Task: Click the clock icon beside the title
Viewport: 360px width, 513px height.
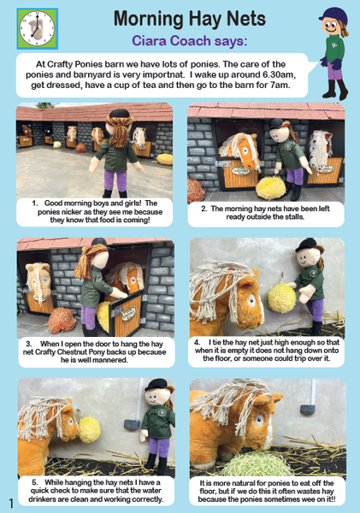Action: tap(38, 28)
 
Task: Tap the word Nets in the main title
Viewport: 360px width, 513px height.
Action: tap(245, 18)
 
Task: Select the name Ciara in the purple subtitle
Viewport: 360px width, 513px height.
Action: tap(150, 41)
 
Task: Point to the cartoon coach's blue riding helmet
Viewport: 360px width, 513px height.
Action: tap(333, 15)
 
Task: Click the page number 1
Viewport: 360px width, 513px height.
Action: tap(11, 504)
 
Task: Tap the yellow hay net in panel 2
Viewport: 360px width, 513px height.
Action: tap(271, 188)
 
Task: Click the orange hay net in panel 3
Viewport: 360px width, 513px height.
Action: tap(62, 321)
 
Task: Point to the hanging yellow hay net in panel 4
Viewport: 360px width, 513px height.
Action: tap(282, 298)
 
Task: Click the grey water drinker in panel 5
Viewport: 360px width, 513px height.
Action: tap(132, 424)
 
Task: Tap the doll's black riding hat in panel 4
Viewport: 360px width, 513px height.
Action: tap(306, 245)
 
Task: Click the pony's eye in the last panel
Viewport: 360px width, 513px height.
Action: tap(259, 420)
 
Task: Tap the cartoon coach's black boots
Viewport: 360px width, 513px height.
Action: tap(335, 89)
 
